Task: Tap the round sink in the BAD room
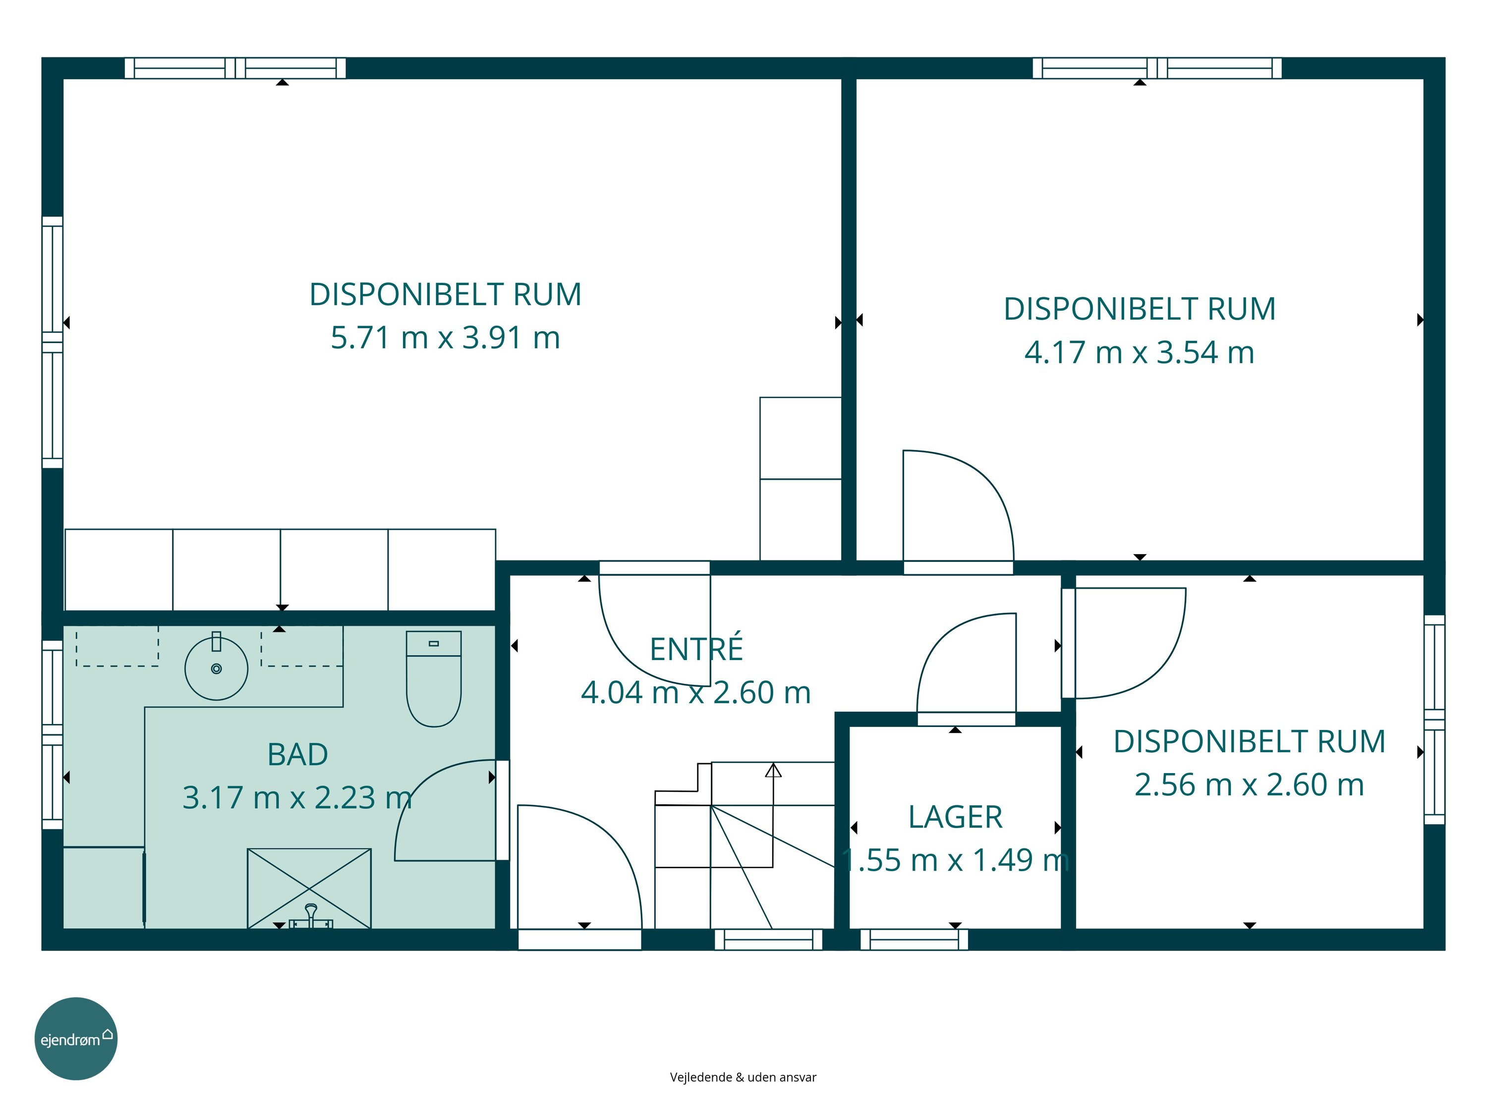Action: click(217, 669)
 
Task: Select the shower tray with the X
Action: click(309, 889)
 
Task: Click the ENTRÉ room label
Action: click(696, 649)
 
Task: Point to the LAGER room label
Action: click(955, 817)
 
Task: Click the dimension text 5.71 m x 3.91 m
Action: click(445, 337)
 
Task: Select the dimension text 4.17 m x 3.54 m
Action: click(1140, 352)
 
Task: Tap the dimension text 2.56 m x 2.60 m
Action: click(1250, 784)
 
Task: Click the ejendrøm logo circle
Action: click(76, 1038)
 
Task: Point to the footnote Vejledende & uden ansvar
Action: click(743, 1077)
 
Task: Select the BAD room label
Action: click(298, 755)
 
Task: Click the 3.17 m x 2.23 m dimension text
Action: click(298, 798)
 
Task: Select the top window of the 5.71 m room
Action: click(235, 68)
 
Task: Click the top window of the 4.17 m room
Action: click(1157, 68)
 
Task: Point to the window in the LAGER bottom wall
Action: click(914, 940)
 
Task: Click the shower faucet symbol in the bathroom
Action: click(311, 917)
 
